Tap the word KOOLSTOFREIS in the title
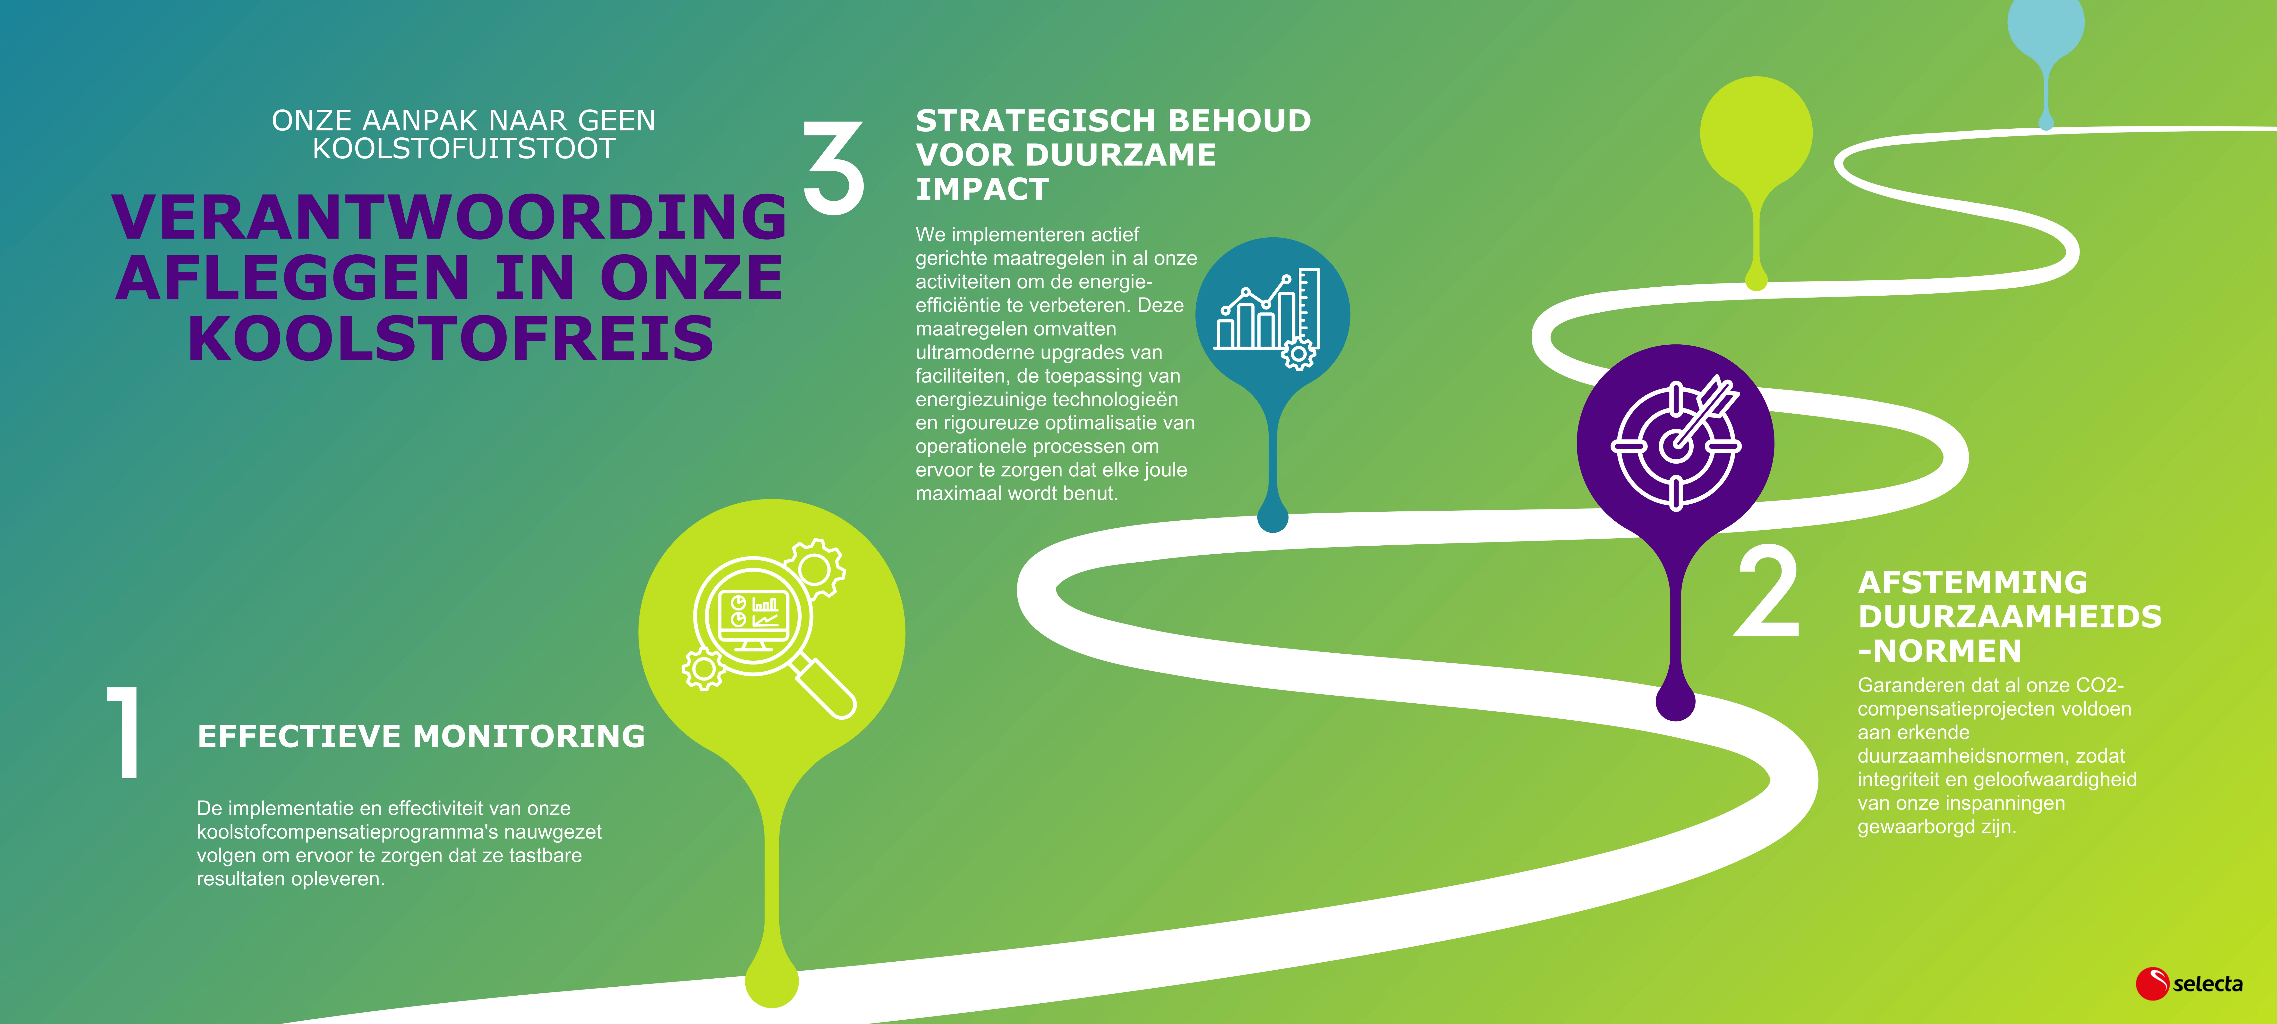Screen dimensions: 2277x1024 [451, 338]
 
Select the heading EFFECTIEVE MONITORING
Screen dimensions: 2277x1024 [421, 736]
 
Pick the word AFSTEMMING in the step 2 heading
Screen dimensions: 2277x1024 [1973, 582]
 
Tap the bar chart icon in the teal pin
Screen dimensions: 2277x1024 [1268, 318]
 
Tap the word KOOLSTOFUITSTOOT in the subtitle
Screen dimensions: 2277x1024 [464, 149]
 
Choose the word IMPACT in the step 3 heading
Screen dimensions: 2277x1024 [982, 189]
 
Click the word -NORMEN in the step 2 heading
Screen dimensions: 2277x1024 [1940, 651]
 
